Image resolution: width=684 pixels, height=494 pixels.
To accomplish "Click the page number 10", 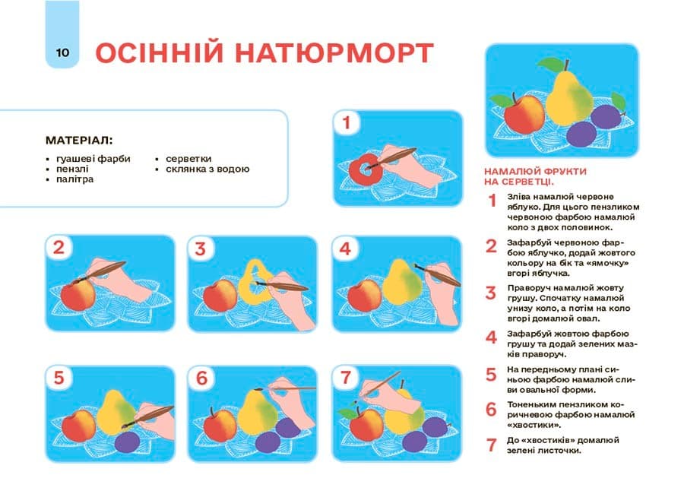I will pos(62,52).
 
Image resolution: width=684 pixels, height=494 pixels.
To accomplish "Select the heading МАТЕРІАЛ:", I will pos(79,141).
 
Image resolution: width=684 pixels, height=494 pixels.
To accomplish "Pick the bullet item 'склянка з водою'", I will pos(207,169).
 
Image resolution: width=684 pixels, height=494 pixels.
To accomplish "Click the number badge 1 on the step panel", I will pos(347,123).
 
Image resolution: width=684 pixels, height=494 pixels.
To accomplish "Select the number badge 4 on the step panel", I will pos(346,249).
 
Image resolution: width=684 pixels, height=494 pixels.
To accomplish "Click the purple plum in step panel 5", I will pos(127,440).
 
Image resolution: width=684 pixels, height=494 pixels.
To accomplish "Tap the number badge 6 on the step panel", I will pos(201,378).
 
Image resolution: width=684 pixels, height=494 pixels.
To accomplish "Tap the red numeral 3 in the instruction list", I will pos(491,293).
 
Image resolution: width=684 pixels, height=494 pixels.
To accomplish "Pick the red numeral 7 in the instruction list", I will pos(491,445).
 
